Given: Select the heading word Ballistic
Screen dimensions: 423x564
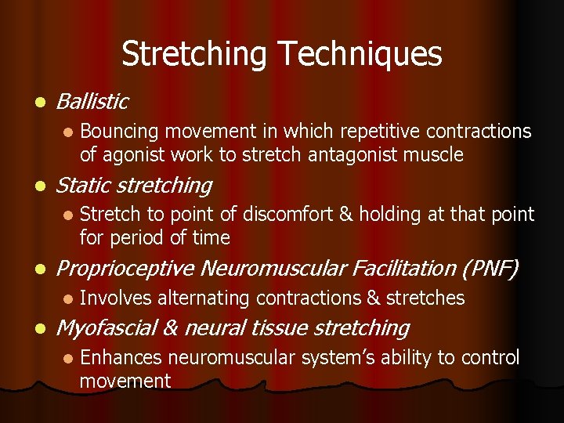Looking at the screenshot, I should coord(92,101).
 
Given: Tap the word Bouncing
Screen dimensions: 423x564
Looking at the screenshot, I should coord(117,132).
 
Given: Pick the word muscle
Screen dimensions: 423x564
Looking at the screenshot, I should coord(436,155).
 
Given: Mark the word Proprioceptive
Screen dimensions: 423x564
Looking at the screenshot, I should coord(126,269).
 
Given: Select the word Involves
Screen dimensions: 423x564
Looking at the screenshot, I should coord(115,298).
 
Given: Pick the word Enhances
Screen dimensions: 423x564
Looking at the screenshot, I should coord(121,358).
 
